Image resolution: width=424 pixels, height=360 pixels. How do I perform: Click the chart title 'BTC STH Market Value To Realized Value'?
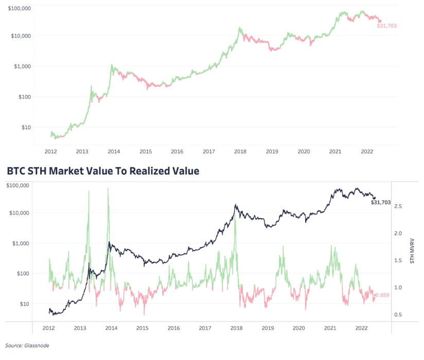102,171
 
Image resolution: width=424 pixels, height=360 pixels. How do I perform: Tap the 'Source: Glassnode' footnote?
27,346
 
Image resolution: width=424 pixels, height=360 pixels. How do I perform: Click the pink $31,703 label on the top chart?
387,25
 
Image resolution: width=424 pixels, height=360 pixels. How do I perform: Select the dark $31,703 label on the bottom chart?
381,203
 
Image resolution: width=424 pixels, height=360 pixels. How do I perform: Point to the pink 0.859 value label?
382,295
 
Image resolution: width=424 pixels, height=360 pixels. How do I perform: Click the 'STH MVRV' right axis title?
412,251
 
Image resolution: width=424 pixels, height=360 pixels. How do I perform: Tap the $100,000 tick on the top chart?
17,9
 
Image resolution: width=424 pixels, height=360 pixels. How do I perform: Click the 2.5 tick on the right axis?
398,206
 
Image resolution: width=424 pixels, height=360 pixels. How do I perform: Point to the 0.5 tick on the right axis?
398,315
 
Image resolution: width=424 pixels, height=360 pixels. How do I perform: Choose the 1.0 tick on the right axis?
398,287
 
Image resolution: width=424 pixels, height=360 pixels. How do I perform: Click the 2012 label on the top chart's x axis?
50,152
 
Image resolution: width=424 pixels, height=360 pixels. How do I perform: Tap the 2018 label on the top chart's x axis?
240,152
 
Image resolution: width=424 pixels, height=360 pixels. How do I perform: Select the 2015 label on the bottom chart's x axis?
143,328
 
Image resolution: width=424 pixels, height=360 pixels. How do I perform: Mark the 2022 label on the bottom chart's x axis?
361,328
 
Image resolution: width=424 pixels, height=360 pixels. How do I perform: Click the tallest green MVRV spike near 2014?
108,189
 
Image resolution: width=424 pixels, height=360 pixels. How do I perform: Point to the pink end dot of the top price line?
380,21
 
